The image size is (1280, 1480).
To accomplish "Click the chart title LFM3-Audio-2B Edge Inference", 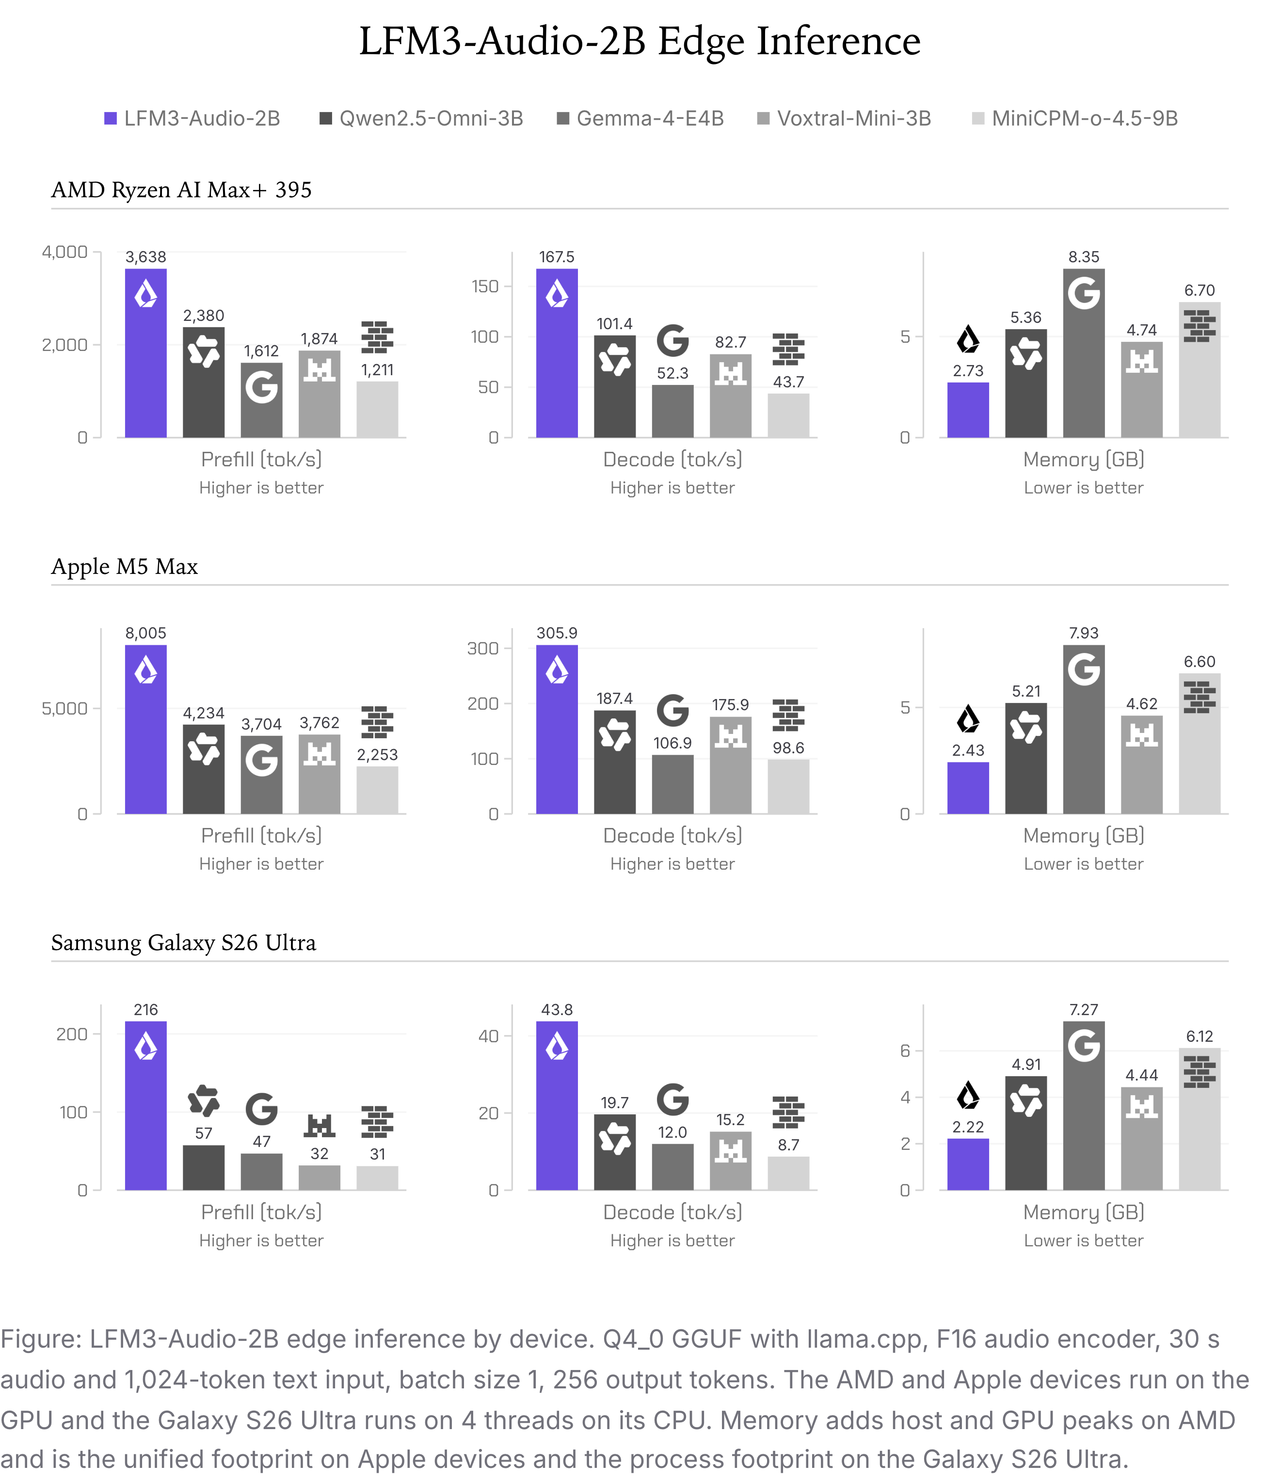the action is point(640,41).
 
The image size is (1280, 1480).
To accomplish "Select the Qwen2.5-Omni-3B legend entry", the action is point(421,119).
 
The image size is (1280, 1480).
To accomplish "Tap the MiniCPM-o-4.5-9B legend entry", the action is point(1075,119).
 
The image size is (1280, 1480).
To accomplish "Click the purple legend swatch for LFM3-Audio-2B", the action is point(111,119).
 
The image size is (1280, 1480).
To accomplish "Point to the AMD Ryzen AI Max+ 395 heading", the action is point(181,190).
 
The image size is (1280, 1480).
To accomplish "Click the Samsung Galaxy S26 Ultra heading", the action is point(184,943).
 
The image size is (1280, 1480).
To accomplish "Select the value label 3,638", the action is point(146,257).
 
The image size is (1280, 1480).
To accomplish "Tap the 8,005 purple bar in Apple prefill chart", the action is point(146,729).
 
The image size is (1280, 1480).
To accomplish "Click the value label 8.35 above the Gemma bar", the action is point(1084,257).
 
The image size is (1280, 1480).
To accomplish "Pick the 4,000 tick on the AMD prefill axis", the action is point(64,252).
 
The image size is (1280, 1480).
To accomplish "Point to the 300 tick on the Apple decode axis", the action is point(483,649).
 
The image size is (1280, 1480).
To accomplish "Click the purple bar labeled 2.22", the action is point(968,1164).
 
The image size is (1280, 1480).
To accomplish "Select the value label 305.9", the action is point(557,634).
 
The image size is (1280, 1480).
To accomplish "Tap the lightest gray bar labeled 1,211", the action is point(377,409).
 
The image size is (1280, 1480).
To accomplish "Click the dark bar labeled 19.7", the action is point(614,1152).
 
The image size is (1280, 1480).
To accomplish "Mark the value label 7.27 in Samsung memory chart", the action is point(1084,1010).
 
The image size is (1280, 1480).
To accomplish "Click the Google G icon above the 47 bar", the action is point(261,1109).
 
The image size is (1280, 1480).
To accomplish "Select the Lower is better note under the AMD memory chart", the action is point(1084,488).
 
